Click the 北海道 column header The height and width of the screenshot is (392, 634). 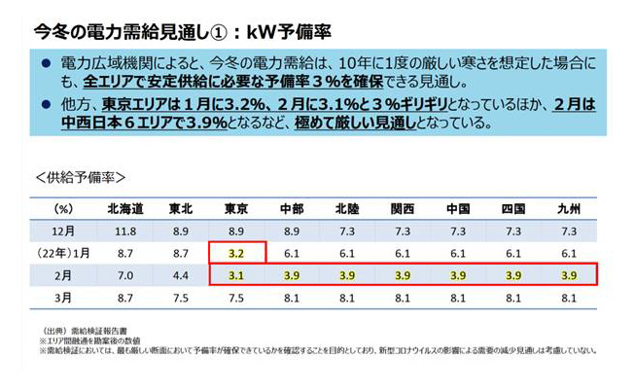point(125,207)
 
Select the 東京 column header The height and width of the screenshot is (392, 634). point(235,207)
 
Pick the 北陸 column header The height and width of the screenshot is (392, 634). point(347,207)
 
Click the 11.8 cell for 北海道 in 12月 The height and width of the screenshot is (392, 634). point(125,230)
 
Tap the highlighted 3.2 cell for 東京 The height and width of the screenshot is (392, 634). point(235,253)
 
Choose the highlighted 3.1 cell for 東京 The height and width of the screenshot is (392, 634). point(235,275)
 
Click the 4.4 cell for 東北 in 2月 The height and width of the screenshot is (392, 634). point(181,275)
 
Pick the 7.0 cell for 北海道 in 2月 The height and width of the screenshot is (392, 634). point(125,275)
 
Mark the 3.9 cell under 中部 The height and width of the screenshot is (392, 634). point(291,275)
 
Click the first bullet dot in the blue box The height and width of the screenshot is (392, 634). point(46,64)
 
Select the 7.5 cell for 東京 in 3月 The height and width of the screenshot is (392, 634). point(235,299)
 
